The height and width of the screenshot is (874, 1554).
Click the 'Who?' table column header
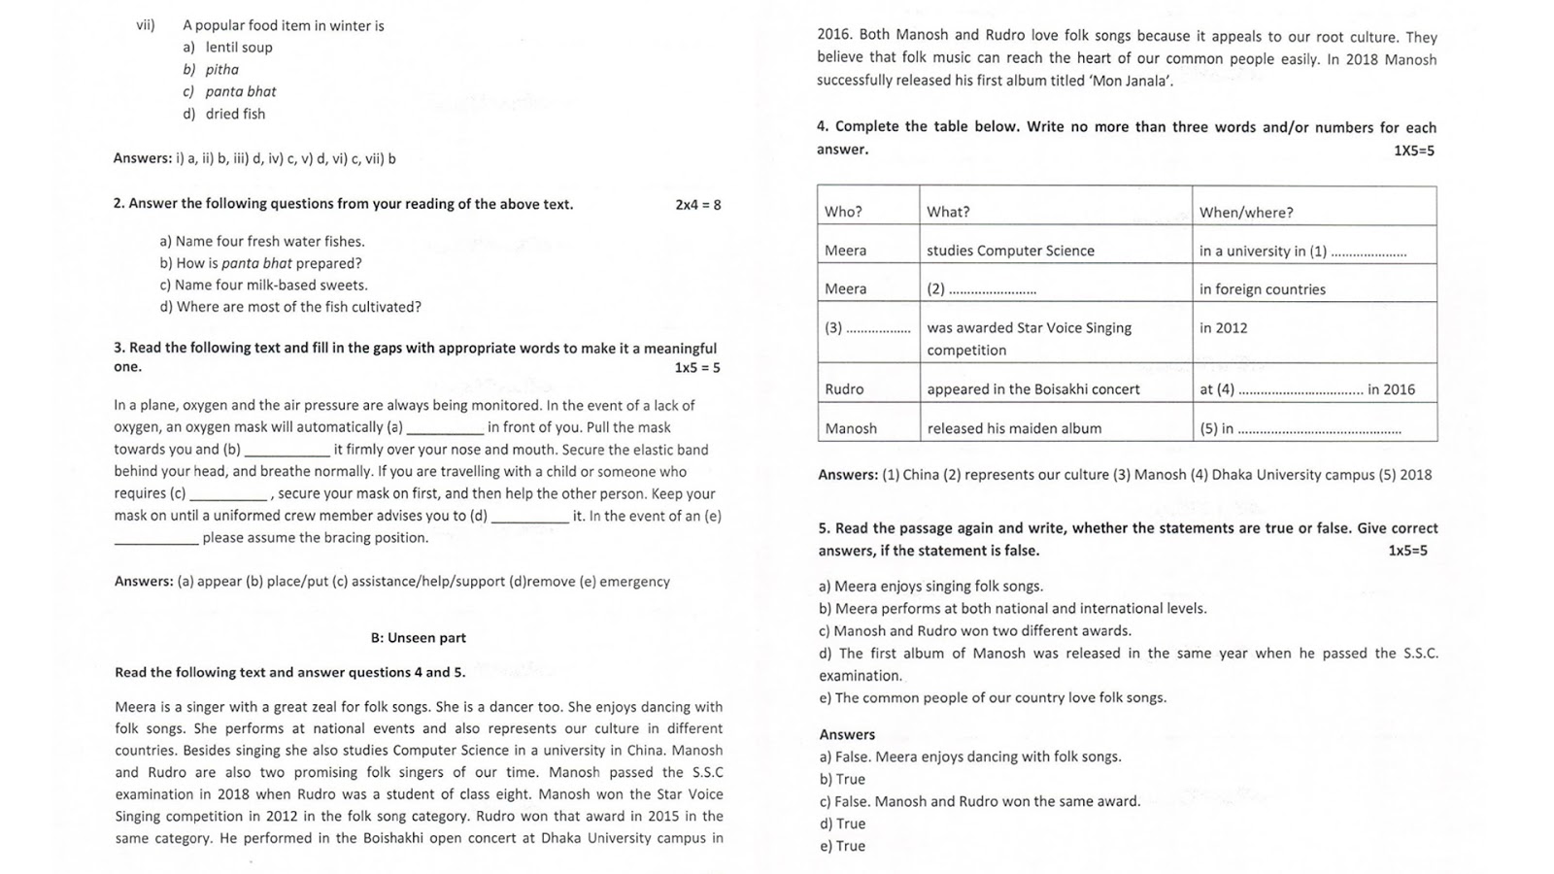click(843, 212)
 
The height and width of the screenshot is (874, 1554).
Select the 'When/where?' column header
click(1245, 212)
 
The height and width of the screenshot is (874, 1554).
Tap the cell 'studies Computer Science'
click(1010, 251)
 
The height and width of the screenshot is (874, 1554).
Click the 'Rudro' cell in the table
click(844, 389)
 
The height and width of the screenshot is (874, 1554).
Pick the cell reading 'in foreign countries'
click(1262, 289)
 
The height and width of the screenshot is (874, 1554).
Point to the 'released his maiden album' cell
click(1014, 428)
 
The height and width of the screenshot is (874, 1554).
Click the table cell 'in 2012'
click(1223, 328)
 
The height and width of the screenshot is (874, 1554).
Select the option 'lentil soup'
click(238, 48)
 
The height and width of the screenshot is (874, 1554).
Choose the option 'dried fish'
click(234, 114)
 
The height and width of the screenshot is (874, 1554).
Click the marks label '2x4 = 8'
click(697, 205)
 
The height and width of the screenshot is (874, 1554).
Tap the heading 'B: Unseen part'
click(418, 638)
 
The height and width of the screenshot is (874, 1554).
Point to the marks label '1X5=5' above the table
click(1413, 151)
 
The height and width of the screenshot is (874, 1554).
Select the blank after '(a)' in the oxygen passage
click(445, 428)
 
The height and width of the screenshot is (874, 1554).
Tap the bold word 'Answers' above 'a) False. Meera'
click(846, 735)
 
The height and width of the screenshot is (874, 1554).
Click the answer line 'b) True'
click(841, 780)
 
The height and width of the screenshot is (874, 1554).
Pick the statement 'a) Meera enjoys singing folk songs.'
click(930, 587)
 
